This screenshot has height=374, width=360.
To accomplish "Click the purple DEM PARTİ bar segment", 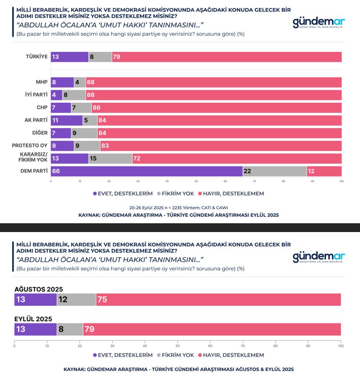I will pyautogui.click(x=146, y=171).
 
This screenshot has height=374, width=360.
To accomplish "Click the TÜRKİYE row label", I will pyautogui.click(x=36, y=57).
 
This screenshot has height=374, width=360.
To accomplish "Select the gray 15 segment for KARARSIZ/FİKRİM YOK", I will pyautogui.click(x=110, y=158).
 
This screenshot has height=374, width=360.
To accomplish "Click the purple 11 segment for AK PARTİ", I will pyautogui.click(x=66, y=120).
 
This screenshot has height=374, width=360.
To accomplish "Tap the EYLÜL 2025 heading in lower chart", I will pyautogui.click(x=33, y=319).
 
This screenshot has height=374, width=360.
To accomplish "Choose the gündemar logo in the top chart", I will pyautogui.click(x=319, y=23).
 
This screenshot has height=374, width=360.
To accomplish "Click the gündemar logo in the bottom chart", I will pyautogui.click(x=319, y=257).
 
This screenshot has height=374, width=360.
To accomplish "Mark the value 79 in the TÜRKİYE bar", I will pyautogui.click(x=117, y=57).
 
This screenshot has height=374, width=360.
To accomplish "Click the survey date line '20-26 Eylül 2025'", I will pyautogui.click(x=178, y=207).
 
